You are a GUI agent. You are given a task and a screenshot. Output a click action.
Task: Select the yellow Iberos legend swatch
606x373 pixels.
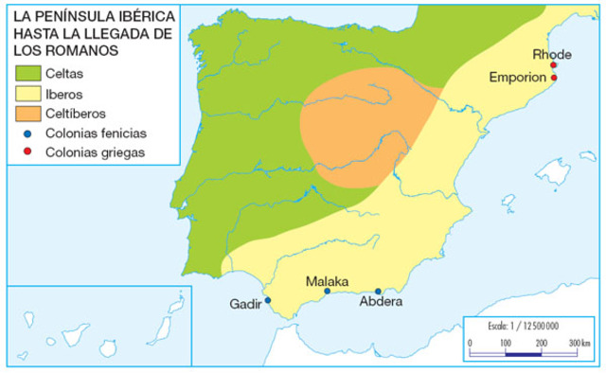coord(29,95)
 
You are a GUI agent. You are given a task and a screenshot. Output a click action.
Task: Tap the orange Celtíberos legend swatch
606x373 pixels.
coord(29,115)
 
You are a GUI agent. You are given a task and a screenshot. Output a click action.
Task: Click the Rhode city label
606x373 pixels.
coord(552,54)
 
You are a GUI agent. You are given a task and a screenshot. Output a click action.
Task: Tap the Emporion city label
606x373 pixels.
coord(517,77)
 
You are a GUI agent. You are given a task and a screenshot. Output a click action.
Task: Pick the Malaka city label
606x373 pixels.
coord(327,281)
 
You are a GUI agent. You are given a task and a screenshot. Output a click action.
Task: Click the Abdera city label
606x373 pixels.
coord(382,302)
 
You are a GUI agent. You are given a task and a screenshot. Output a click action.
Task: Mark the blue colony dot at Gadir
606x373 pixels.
coord(267,300)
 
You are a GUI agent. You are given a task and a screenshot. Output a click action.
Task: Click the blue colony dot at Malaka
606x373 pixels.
coord(327,292)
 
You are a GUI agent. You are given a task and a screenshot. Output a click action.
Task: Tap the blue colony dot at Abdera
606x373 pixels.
coord(378,292)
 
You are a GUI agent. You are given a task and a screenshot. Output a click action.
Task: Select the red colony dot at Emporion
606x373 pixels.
coord(553,78)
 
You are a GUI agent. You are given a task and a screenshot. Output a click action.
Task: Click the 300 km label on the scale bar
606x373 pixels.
coord(579,342)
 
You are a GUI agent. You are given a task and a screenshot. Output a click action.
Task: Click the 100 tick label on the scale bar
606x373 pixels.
coord(504,342)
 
